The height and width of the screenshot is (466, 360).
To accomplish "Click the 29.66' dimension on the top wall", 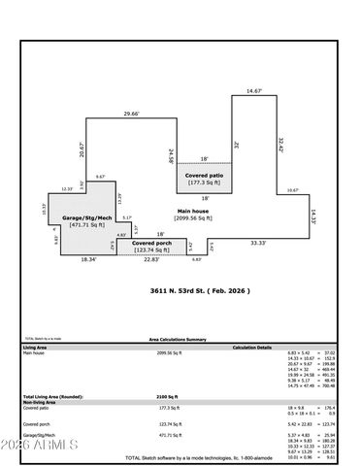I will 130,114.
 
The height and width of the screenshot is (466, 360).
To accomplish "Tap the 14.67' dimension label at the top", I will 254,90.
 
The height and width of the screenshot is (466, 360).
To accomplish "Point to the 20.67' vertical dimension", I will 82,150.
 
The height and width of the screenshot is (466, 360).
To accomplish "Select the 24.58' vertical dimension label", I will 171,154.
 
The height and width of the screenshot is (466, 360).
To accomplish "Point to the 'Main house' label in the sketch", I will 192,211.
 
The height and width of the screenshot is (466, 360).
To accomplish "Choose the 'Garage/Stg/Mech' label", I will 82,218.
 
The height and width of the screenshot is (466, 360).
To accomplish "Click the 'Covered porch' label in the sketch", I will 151,242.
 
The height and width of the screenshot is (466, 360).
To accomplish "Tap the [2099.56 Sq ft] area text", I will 192,218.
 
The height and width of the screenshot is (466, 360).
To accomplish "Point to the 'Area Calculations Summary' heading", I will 177,339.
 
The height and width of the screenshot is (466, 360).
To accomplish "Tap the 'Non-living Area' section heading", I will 39,403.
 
